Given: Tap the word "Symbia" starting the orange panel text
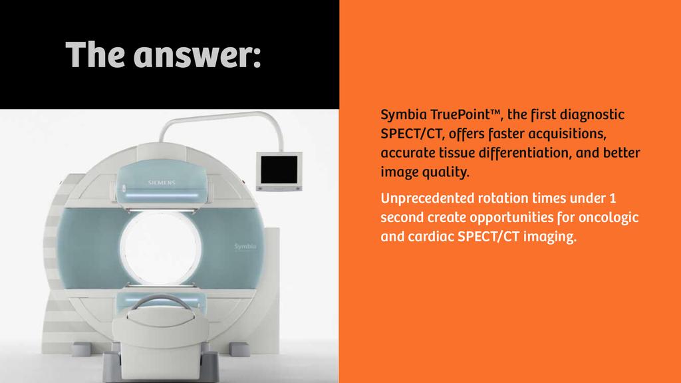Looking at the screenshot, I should point(402,115).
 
